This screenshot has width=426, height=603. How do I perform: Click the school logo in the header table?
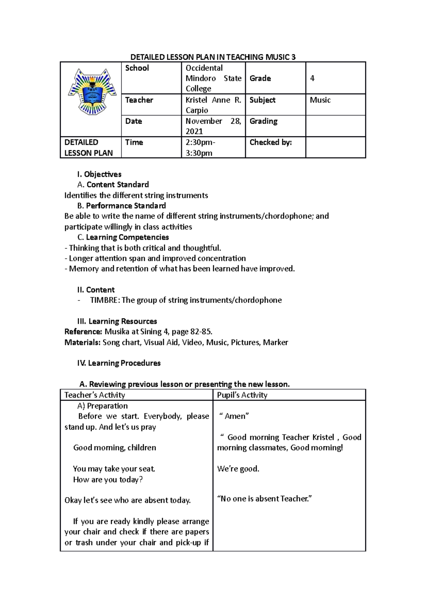pyautogui.click(x=92, y=92)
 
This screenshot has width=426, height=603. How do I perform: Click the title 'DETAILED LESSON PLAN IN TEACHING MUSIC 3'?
pyautogui.click(x=213, y=57)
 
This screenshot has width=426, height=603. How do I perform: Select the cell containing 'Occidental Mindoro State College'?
pyautogui.click(x=213, y=78)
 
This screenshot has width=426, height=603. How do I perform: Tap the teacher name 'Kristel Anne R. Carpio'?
pyautogui.click(x=213, y=105)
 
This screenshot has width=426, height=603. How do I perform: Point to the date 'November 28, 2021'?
pyautogui.click(x=213, y=126)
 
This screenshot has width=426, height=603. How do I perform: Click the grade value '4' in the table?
pyautogui.click(x=312, y=78)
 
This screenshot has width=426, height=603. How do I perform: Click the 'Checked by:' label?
pyautogui.click(x=271, y=142)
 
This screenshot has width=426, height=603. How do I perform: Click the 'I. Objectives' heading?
pyautogui.click(x=99, y=174)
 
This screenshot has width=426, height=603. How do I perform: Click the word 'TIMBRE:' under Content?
pyautogui.click(x=105, y=300)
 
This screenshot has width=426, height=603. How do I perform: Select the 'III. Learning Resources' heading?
pyautogui.click(x=117, y=321)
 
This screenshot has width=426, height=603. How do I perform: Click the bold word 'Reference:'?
pyautogui.click(x=83, y=332)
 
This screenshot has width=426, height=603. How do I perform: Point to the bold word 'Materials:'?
pyautogui.click(x=83, y=342)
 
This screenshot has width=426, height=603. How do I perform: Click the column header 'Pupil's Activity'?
pyautogui.click(x=242, y=395)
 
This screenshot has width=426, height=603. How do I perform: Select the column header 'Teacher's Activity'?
pyautogui.click(x=95, y=395)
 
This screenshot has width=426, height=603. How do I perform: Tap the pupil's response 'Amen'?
pyautogui.click(x=235, y=416)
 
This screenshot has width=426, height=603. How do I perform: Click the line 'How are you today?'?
pyautogui.click(x=108, y=479)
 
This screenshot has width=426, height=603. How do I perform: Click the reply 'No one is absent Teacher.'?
pyautogui.click(x=264, y=499)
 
